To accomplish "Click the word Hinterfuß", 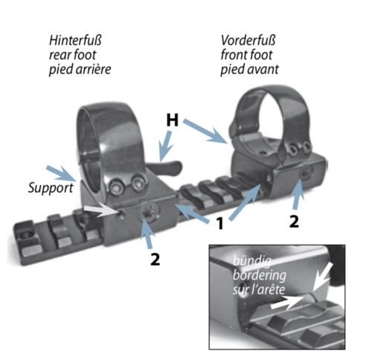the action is (75, 40).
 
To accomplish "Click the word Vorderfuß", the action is (248, 40).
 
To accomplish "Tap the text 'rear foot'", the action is (72, 55).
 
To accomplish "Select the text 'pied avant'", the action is (249, 69).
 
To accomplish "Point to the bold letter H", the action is (173, 120).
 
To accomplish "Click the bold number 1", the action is (219, 223).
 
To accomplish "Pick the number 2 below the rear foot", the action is (155, 260).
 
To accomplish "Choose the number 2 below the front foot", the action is (294, 222).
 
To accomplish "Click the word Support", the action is (51, 188).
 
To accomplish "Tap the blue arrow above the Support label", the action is (61, 173).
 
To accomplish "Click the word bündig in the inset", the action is (252, 261).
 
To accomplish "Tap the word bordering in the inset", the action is (260, 275).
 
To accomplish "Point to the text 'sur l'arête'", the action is (259, 289).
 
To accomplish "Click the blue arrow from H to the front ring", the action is (206, 131).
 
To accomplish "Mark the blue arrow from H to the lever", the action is (165, 147).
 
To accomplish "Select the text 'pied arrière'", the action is (80, 69).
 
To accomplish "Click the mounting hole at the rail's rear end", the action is (27, 234).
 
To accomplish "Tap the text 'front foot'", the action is (246, 55).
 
